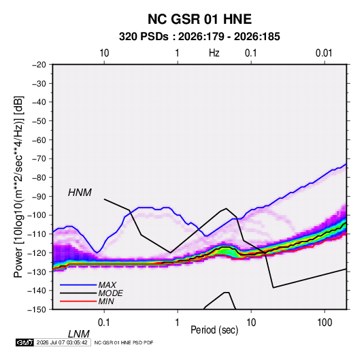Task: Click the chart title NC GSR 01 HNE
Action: (x=199, y=19)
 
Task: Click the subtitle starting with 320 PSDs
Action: (x=199, y=37)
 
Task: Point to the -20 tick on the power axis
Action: (x=39, y=65)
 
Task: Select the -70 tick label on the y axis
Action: (x=39, y=159)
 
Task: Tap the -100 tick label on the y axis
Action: (x=37, y=215)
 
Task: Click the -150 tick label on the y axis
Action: (x=37, y=310)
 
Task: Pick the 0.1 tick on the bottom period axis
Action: (x=104, y=323)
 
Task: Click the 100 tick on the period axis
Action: (x=325, y=323)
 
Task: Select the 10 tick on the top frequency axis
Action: (x=104, y=53)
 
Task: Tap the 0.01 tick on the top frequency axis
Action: (x=324, y=53)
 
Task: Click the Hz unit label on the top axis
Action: (x=214, y=53)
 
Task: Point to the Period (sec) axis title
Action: (x=214, y=330)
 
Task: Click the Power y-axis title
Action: (x=18, y=187)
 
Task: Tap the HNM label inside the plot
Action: (x=80, y=193)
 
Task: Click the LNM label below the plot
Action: (x=79, y=334)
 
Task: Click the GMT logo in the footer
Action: (x=25, y=342)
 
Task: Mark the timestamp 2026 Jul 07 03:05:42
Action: (x=62, y=342)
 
